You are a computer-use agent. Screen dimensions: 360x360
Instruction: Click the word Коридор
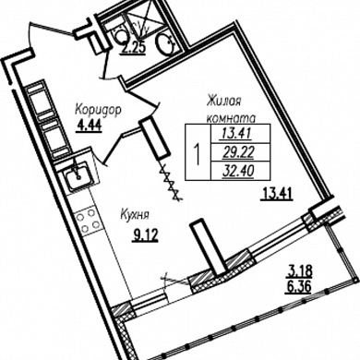tap(98, 111)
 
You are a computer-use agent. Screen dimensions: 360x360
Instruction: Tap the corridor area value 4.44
tap(89, 126)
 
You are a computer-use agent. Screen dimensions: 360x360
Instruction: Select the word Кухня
tap(135, 215)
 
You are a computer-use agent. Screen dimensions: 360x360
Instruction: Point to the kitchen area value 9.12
tap(145, 235)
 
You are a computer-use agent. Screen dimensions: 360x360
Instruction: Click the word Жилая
tap(223, 102)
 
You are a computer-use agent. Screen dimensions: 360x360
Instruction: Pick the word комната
tap(232, 118)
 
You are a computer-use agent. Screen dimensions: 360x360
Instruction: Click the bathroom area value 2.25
tap(133, 49)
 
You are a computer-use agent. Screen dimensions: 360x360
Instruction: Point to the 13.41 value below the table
tap(276, 194)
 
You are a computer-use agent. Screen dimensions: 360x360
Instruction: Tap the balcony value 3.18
tap(300, 271)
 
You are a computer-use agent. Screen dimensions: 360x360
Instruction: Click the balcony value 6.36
tap(298, 288)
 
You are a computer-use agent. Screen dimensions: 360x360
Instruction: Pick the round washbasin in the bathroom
tap(166, 45)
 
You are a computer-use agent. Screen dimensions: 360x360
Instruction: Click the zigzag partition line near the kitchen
tap(171, 182)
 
